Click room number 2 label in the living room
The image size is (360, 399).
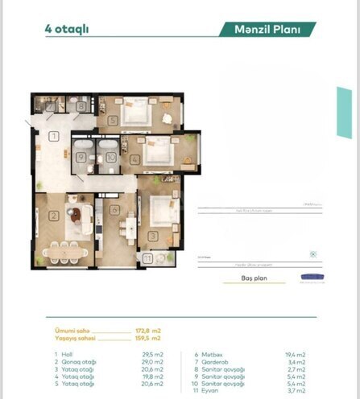[x=52, y=215]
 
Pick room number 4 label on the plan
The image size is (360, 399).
[x=134, y=159]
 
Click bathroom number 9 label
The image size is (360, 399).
[x=82, y=158]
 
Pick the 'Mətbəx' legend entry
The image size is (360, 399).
[x=211, y=353]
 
